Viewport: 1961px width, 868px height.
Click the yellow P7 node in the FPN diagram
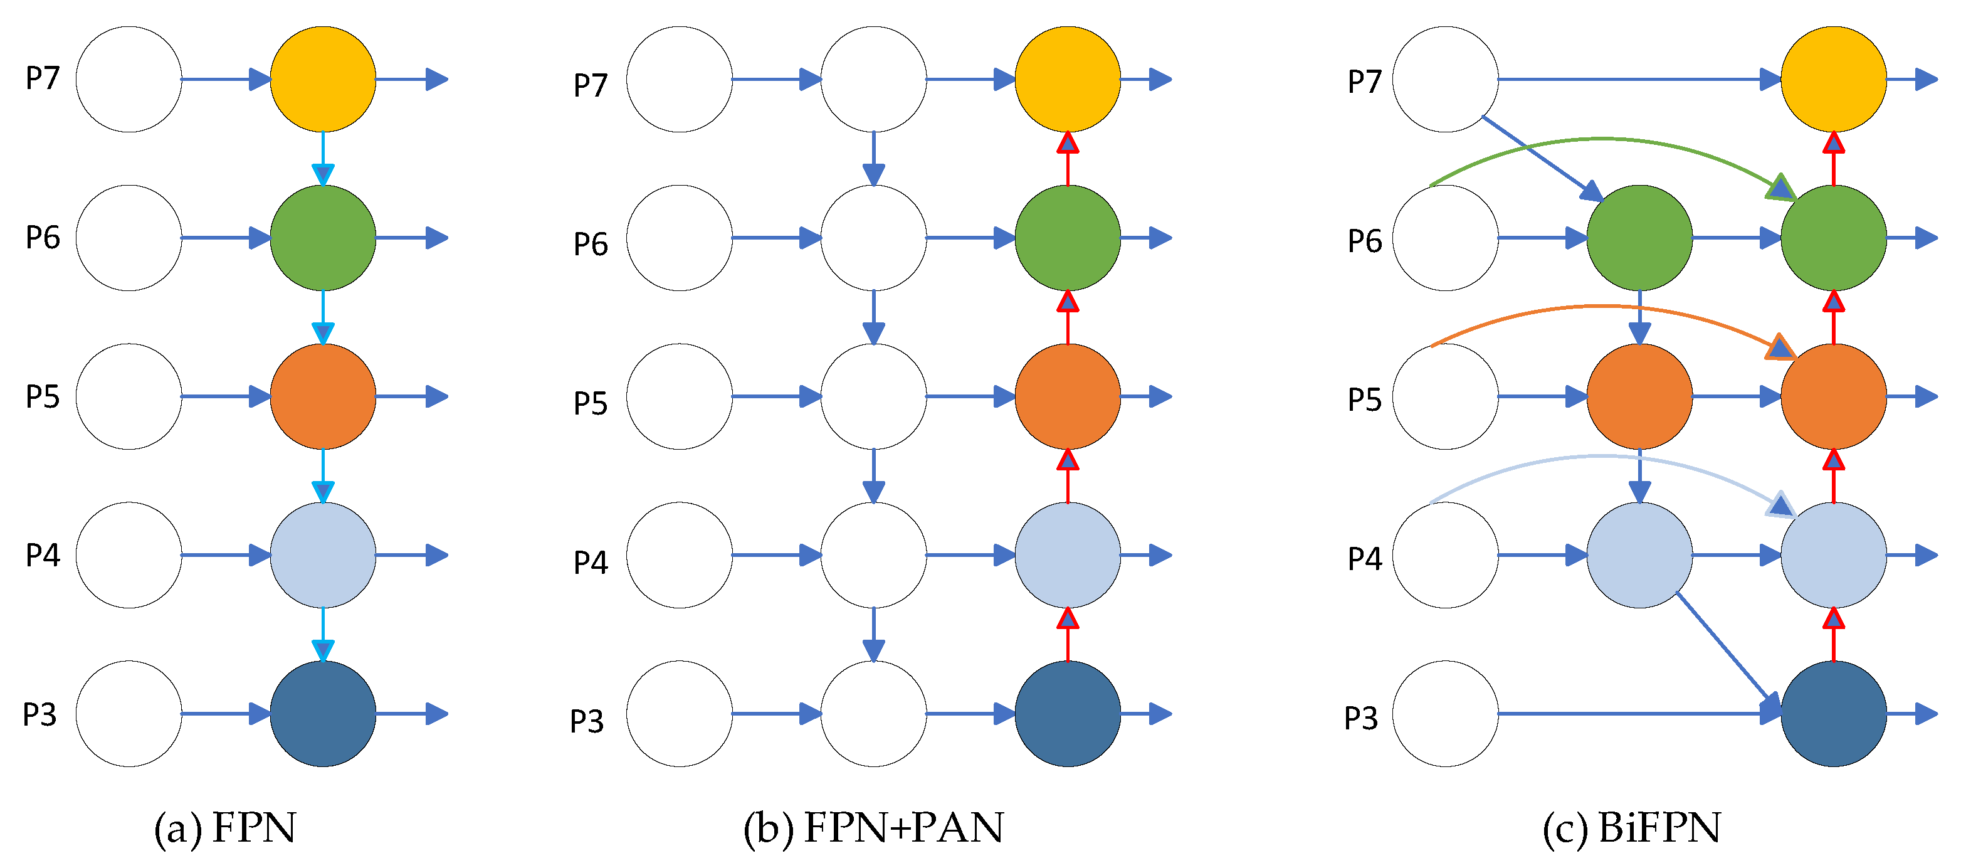pyautogui.click(x=323, y=79)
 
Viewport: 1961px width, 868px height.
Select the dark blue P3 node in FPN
pyautogui.click(x=323, y=714)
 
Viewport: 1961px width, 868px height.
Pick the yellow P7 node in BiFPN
pyautogui.click(x=1833, y=79)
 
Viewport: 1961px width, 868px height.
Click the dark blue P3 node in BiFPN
pyautogui.click(x=1833, y=714)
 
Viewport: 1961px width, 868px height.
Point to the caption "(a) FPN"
pyautogui.click(x=224, y=828)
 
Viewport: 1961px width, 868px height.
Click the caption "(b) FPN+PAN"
pyautogui.click(x=873, y=828)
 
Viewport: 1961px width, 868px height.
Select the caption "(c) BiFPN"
pyautogui.click(x=1631, y=828)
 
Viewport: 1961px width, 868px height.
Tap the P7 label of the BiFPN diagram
pyautogui.click(x=1364, y=82)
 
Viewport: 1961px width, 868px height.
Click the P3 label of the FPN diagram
pyautogui.click(x=39, y=715)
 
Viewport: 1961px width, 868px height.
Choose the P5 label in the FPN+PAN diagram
pyautogui.click(x=590, y=403)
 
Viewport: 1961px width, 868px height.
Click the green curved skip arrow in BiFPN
pyautogui.click(x=1602, y=140)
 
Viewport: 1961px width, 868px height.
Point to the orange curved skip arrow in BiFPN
pyautogui.click(x=1602, y=307)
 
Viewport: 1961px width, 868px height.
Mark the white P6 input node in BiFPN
pyautogui.click(x=1445, y=238)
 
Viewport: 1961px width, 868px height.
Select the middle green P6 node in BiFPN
pyautogui.click(x=1639, y=238)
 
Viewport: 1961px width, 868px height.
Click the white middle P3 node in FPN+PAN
pyautogui.click(x=873, y=714)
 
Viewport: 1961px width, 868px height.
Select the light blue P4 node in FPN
pyautogui.click(x=323, y=555)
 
